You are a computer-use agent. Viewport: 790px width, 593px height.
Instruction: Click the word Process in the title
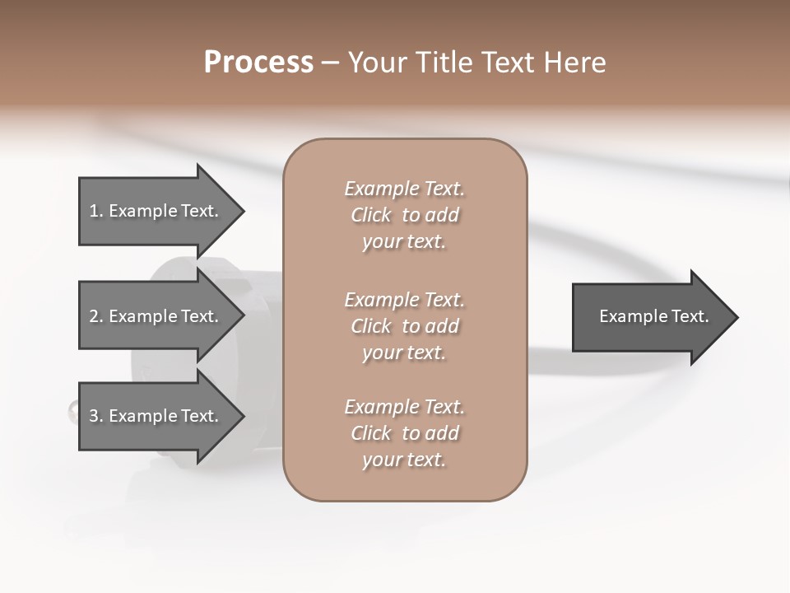258,63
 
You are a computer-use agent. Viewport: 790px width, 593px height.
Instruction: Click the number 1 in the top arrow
94,211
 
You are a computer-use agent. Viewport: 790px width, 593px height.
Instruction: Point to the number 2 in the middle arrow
94,316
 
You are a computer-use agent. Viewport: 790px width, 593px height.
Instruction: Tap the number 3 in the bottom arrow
94,416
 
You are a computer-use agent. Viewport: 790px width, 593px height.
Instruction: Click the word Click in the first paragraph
370,216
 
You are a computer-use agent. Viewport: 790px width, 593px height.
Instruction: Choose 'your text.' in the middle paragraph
403,353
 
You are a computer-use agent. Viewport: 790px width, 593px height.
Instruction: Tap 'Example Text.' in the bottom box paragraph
404,407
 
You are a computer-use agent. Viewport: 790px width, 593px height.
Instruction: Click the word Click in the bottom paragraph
370,433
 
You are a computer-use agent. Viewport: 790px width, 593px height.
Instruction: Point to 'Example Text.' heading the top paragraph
404,189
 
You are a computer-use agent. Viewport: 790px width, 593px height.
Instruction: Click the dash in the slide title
330,63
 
